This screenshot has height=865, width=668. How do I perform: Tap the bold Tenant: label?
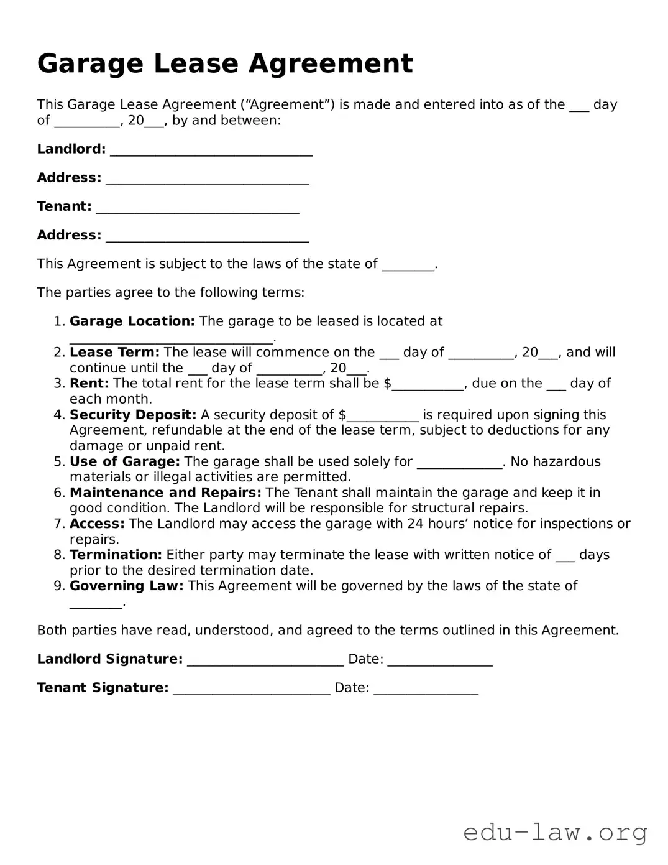(64, 206)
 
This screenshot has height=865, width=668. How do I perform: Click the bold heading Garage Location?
(132, 321)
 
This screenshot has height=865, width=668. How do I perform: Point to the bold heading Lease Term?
(114, 353)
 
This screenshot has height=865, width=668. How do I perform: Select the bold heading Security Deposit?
(133, 415)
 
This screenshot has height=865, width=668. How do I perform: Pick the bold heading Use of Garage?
(124, 461)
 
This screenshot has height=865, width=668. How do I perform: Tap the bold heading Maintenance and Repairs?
(165, 493)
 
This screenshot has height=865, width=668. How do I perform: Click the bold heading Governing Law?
(126, 586)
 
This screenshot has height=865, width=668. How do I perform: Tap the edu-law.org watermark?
(556, 832)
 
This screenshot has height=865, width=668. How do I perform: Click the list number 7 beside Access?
(59, 524)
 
